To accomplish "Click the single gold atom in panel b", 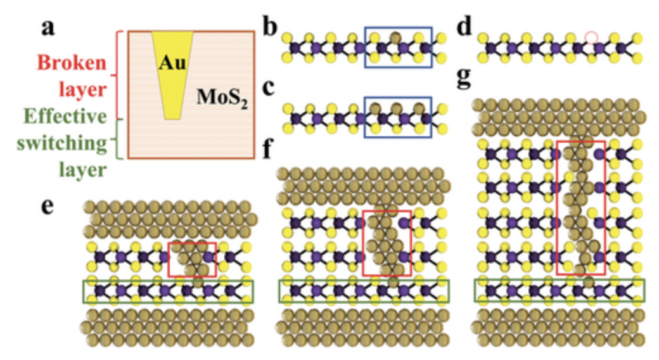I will click(x=395, y=37).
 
